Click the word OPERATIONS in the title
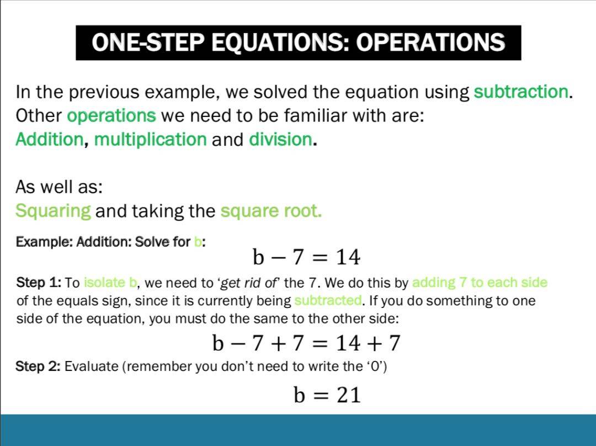click(430, 42)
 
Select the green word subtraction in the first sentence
click(521, 92)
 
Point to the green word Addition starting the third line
click(50, 139)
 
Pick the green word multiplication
click(151, 140)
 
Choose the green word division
click(280, 139)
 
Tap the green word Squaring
click(53, 211)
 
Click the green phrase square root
click(271, 211)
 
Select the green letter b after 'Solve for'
click(198, 241)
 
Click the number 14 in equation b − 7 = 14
click(348, 257)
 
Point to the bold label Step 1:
click(39, 283)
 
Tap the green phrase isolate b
click(110, 283)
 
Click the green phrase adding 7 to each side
click(480, 283)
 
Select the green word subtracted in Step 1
click(328, 300)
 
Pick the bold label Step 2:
click(38, 366)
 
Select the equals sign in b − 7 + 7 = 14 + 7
click(322, 343)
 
